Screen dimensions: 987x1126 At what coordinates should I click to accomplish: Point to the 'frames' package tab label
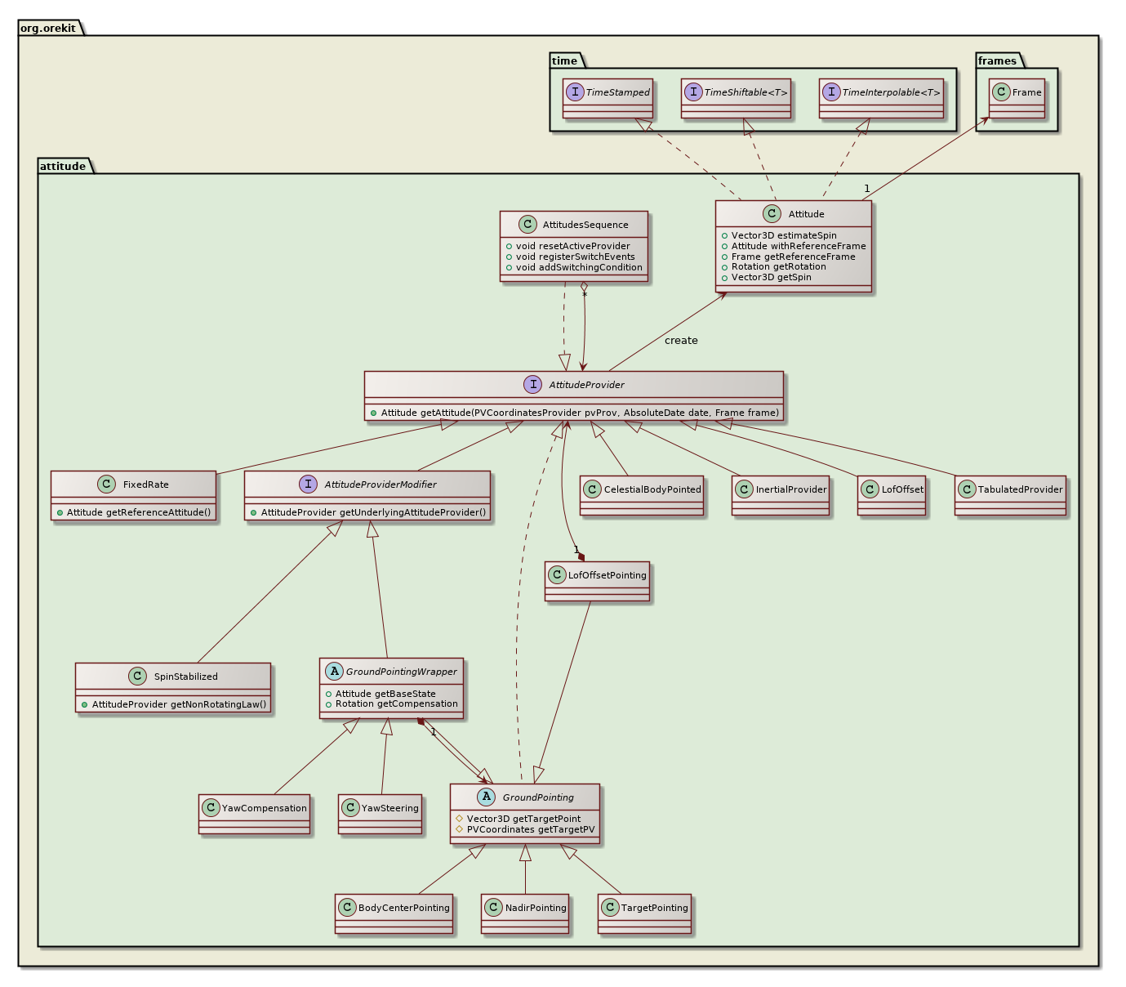tap(997, 60)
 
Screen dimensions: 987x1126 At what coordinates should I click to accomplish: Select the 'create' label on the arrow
tap(681, 341)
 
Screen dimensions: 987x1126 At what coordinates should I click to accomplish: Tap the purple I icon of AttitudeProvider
tap(532, 385)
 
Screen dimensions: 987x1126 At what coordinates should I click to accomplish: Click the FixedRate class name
tap(146, 485)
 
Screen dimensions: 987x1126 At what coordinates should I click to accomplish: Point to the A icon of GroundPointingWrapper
tap(334, 672)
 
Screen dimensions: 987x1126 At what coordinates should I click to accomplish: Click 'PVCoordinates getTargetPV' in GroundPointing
tap(530, 829)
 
